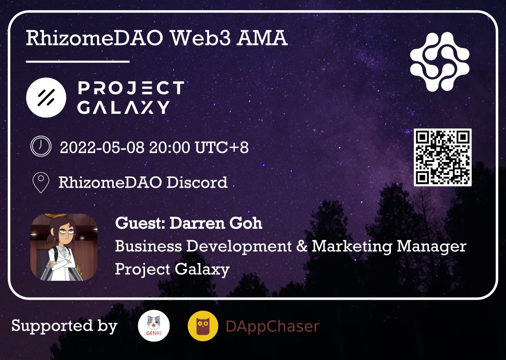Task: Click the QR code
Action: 442,157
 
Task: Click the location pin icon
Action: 41,183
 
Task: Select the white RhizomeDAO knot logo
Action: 440,62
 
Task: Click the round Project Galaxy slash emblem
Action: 46,98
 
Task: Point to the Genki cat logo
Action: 154,326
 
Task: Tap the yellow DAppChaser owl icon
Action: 203,326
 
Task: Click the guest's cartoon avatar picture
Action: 64,247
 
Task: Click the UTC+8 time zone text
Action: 222,148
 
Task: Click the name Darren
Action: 195,223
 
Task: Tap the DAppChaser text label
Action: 272,326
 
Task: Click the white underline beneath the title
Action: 78,62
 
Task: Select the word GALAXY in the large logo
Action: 124,107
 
